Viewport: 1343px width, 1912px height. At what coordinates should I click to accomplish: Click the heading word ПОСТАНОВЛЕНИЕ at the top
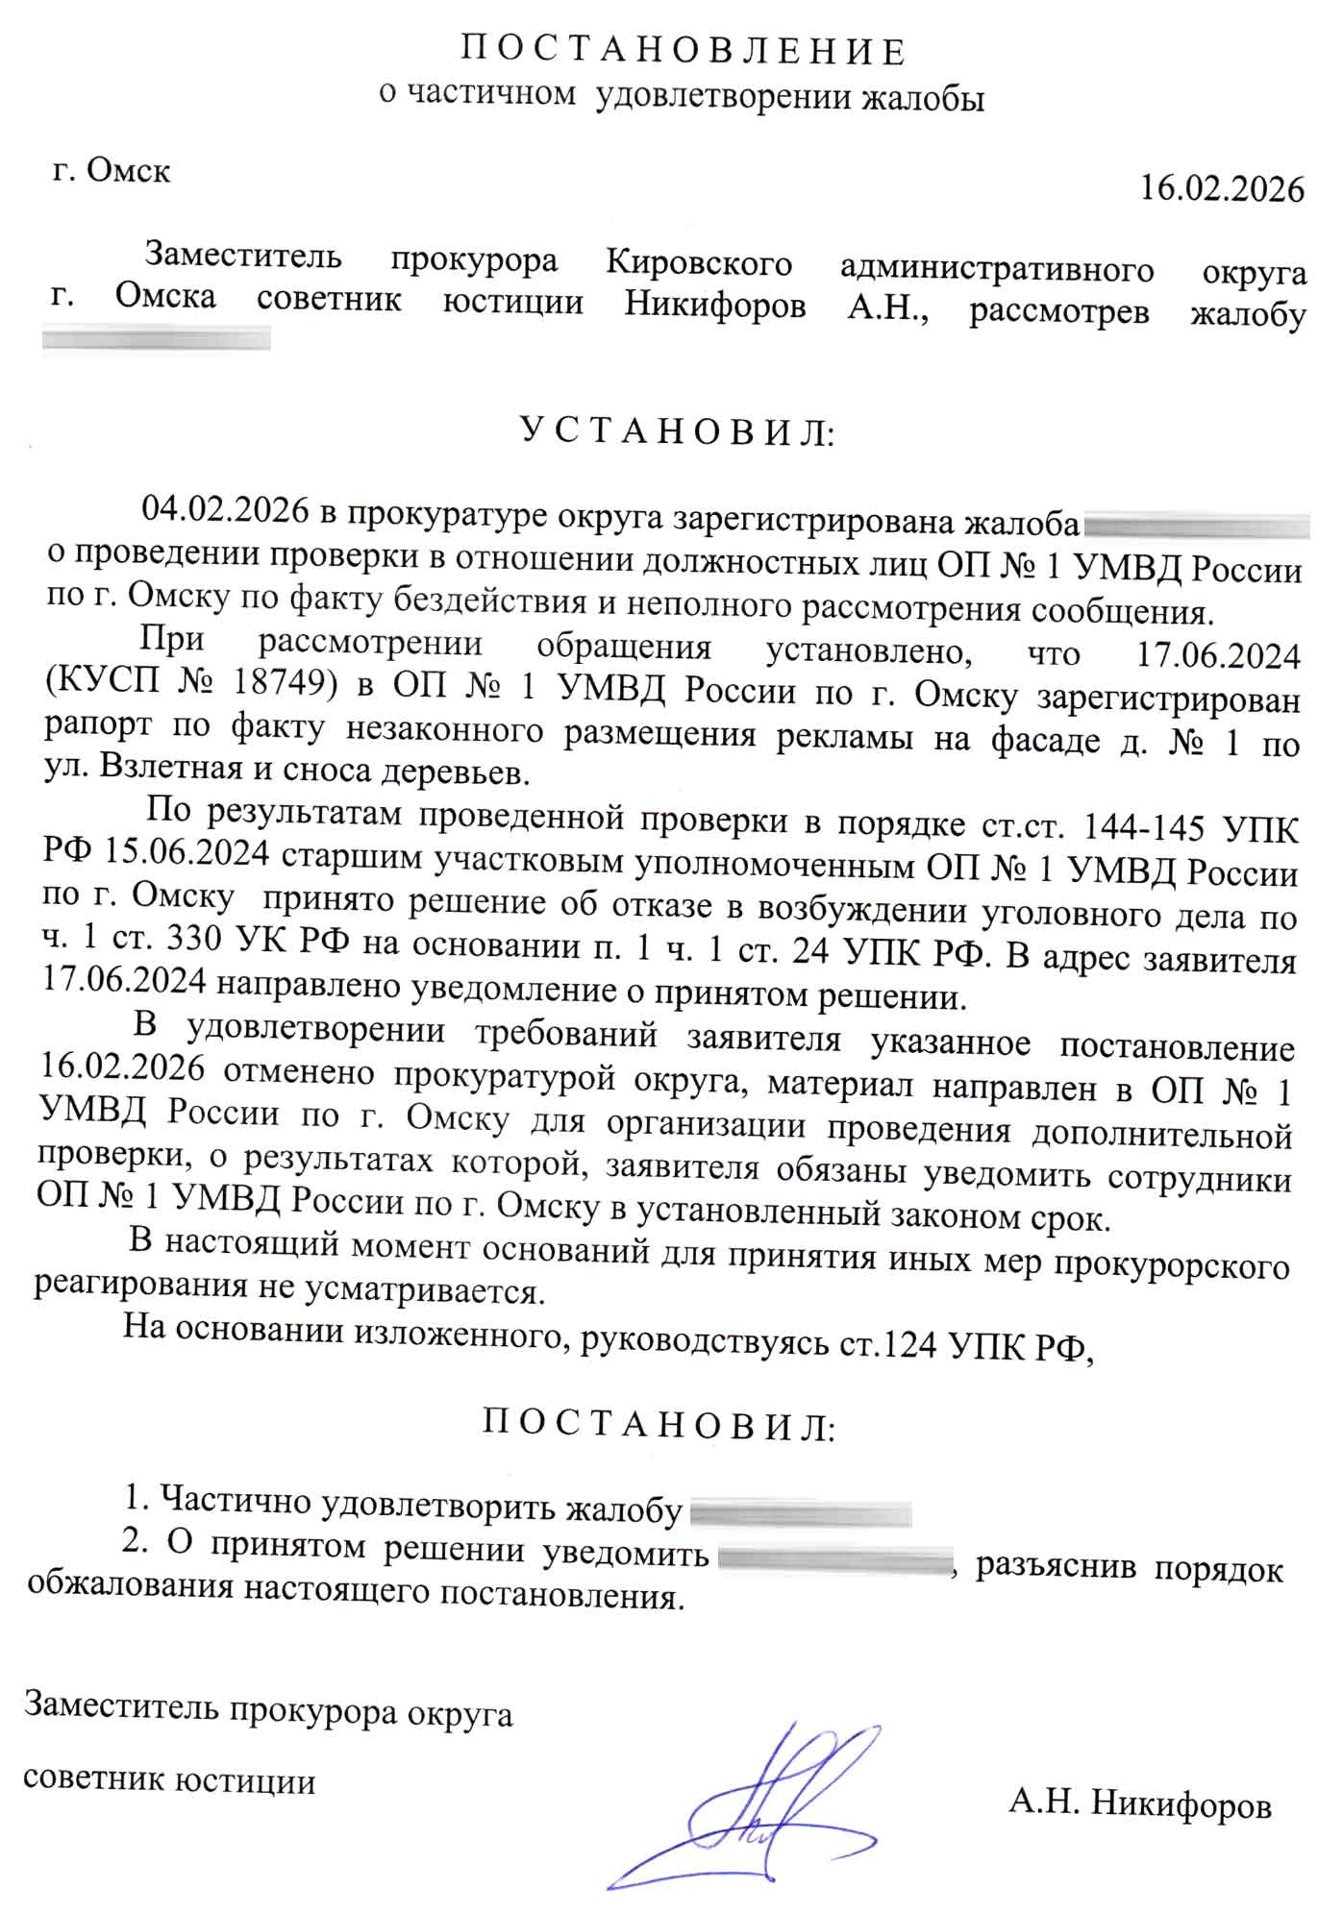[x=683, y=52]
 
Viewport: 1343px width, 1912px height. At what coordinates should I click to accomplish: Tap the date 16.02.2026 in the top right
[x=1221, y=189]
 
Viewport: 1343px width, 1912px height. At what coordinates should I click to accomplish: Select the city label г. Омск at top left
[x=112, y=171]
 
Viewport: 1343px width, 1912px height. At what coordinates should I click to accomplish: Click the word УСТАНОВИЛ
[x=677, y=432]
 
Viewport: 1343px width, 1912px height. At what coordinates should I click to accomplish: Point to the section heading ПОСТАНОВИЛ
[x=658, y=1425]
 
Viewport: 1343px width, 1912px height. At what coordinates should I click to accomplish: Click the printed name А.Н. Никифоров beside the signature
[x=1140, y=1804]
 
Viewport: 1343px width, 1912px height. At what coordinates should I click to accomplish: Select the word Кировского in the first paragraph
[x=699, y=263]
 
